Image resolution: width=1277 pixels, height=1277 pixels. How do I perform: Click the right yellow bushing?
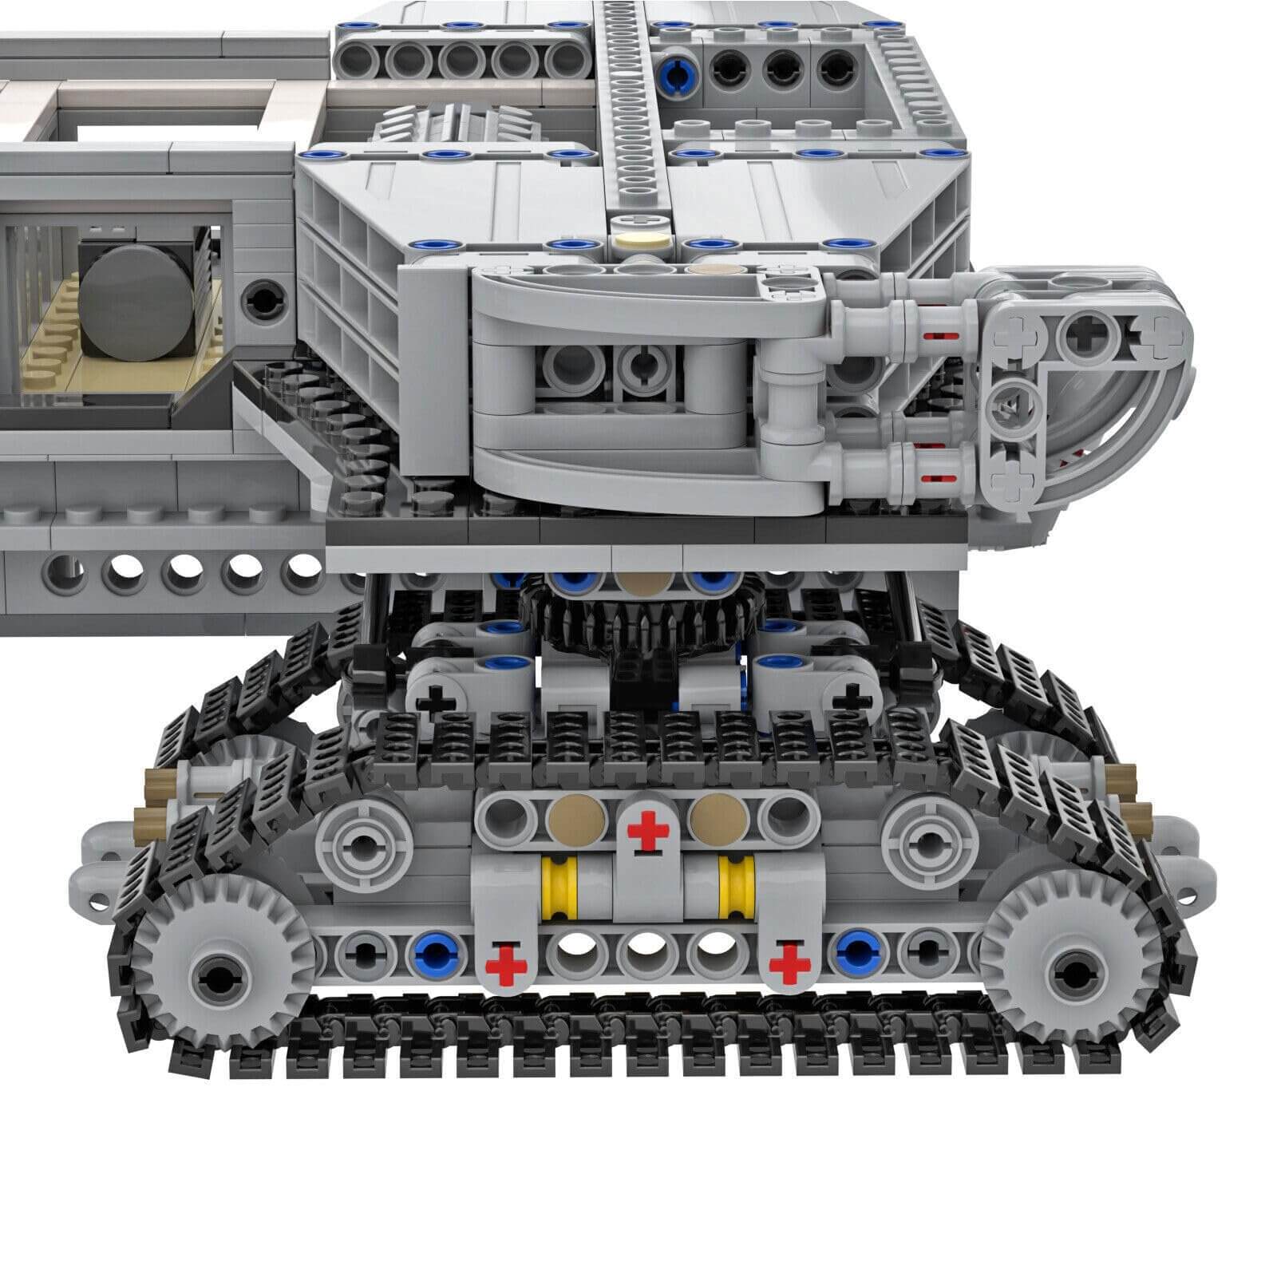click(x=731, y=885)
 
